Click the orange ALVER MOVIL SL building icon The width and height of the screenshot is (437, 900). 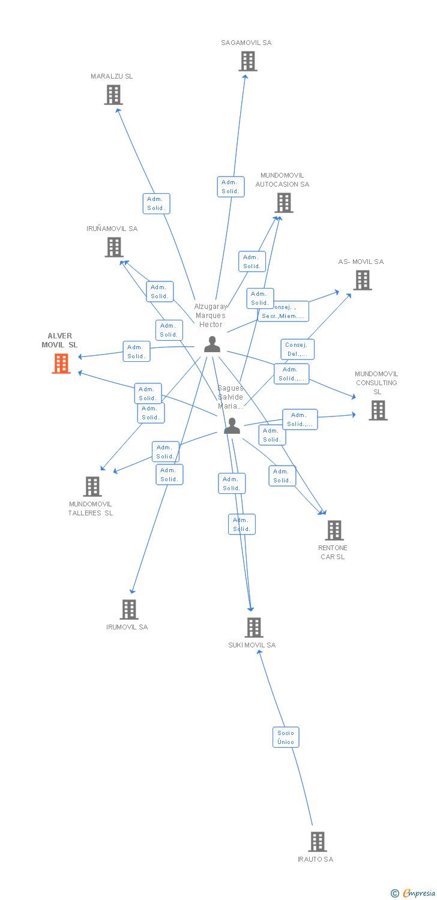pos(61,364)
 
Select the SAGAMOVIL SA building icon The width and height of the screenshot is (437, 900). pos(247,61)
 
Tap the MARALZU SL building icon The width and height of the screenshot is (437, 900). pos(113,95)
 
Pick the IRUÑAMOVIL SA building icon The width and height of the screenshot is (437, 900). pos(114,247)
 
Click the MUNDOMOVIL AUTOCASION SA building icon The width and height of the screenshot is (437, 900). pos(284,203)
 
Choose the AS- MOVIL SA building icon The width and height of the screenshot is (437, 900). pos(362,280)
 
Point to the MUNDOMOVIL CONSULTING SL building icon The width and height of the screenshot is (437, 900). pos(378,410)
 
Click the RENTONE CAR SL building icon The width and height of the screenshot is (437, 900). pos(334,530)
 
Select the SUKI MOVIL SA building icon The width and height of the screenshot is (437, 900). pos(254,628)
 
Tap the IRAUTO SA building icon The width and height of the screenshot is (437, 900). pos(317,842)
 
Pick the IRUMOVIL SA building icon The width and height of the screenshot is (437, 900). pos(129,610)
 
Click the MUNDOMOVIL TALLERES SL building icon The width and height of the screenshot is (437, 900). pos(92,487)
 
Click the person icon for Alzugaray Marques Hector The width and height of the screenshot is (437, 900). pos(212,344)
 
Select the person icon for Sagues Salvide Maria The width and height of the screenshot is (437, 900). pos(232,426)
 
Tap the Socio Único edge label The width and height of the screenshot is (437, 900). pos(286,737)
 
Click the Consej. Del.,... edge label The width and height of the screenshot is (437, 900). pos(297,349)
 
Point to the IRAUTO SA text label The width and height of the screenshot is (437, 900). pos(315,859)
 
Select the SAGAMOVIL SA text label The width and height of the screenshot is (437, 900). pos(246,43)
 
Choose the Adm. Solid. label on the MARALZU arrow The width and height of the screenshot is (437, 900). pos(156,203)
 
